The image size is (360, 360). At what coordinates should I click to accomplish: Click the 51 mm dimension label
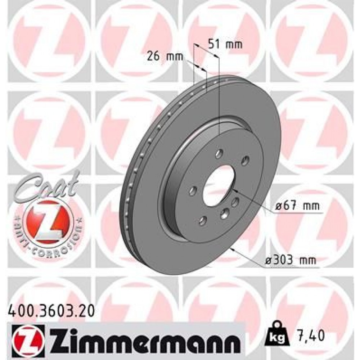tap(225, 45)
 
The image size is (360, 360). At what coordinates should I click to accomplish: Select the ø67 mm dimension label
tap(297, 206)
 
